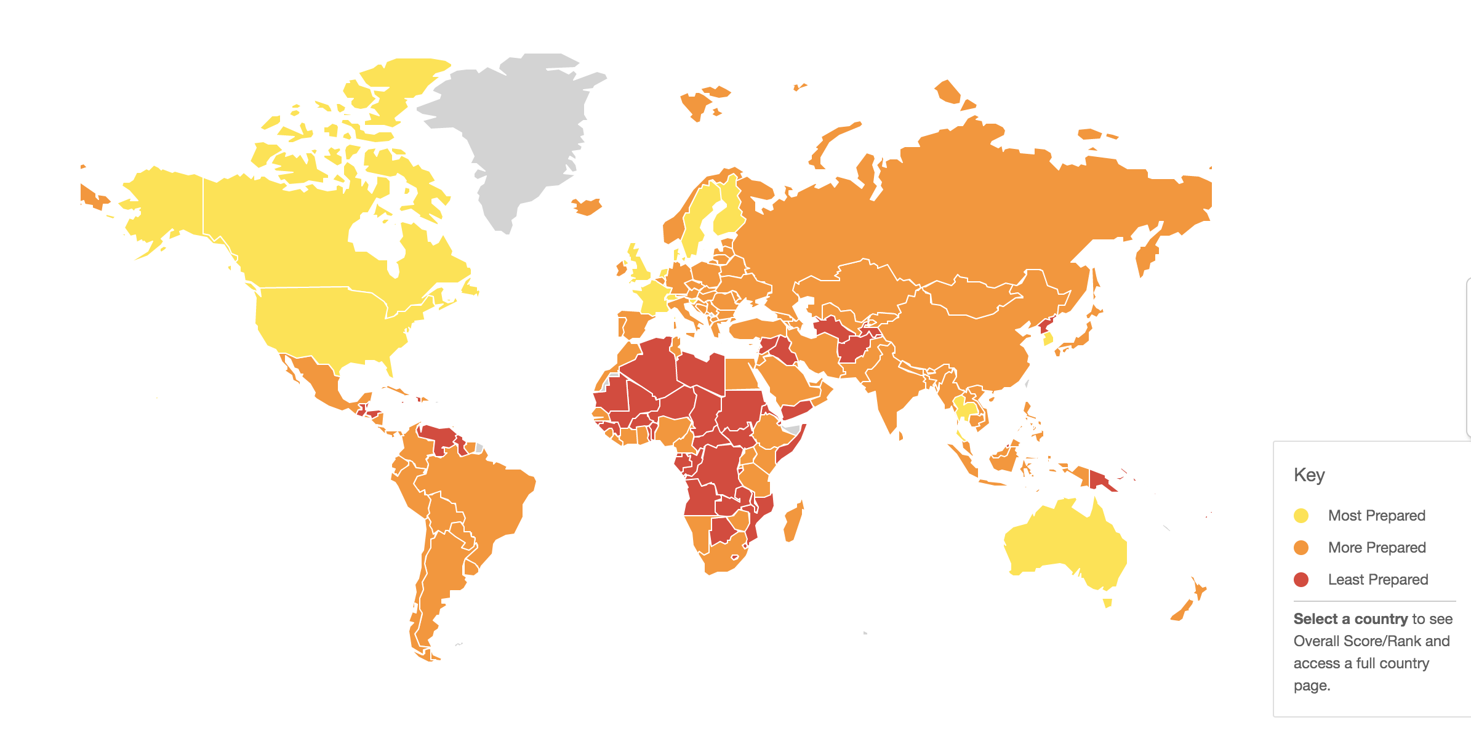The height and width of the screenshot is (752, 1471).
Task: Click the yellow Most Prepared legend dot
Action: coord(1301,516)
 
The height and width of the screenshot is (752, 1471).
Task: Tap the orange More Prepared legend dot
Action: coord(1301,548)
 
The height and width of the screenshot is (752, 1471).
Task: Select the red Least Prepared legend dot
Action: coord(1301,580)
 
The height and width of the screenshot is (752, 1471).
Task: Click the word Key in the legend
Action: coord(1309,475)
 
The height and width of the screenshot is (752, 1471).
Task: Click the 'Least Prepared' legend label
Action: coord(1378,580)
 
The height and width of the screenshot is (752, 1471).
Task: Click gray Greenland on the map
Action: coord(523,135)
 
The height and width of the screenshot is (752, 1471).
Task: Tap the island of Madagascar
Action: coord(793,522)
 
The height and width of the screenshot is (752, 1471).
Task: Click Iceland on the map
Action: coord(587,206)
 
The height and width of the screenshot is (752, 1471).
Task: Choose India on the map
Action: coord(886,388)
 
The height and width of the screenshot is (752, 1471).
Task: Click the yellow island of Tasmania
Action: coord(1107,602)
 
